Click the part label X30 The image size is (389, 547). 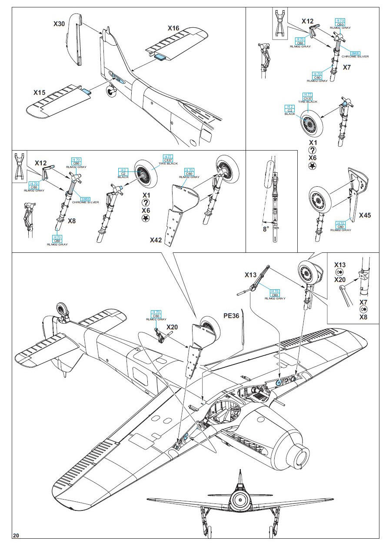(x=60, y=24)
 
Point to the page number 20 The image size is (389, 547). (x=16, y=535)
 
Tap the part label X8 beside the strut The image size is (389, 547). (x=72, y=221)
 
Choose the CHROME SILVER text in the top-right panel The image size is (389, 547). (x=355, y=57)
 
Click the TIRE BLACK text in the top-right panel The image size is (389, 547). (x=307, y=102)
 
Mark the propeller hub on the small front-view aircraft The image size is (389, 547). (x=238, y=501)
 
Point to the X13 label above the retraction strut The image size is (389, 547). (x=251, y=275)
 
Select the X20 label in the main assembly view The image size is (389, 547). (x=172, y=327)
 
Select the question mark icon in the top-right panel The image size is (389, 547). (x=312, y=150)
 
